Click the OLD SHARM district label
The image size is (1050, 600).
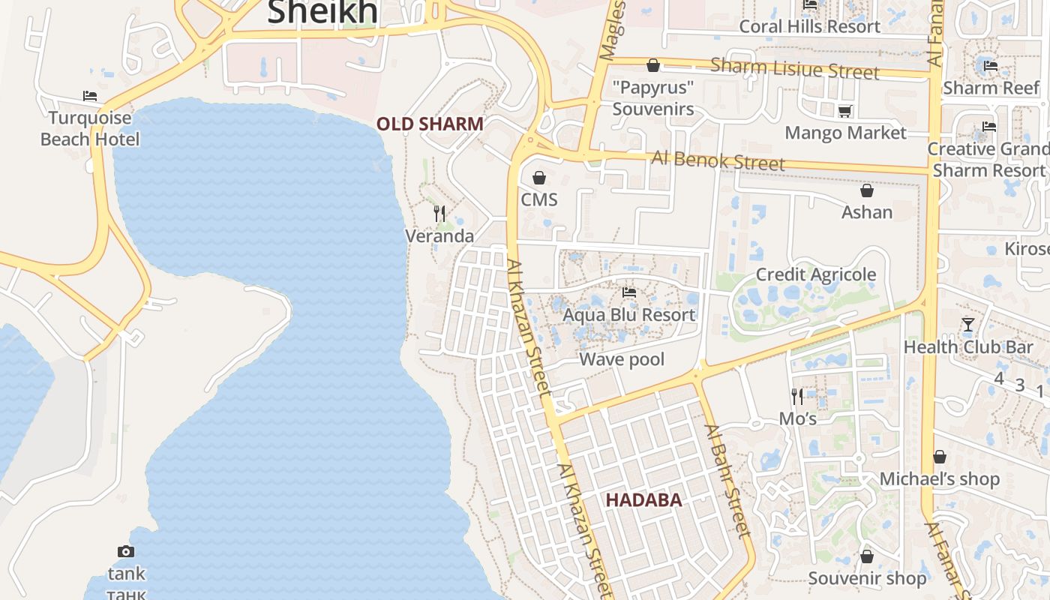click(430, 124)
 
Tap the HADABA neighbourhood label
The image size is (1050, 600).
click(643, 500)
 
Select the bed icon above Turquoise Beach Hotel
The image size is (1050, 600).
click(90, 96)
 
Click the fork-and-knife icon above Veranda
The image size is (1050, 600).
click(439, 214)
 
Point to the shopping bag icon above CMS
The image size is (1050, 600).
click(538, 178)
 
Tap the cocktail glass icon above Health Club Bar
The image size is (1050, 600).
click(968, 325)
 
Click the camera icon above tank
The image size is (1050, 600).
click(126, 552)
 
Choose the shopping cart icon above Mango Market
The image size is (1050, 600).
click(845, 112)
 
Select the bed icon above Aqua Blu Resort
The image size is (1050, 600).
click(629, 292)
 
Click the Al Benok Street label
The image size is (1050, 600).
click(718, 160)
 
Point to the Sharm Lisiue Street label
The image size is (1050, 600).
click(794, 69)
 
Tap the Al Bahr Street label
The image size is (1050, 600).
click(727, 481)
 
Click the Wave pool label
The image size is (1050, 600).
click(622, 359)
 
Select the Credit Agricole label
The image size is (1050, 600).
click(815, 274)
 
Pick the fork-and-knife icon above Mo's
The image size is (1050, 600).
click(797, 395)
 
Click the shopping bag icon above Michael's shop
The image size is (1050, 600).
click(939, 457)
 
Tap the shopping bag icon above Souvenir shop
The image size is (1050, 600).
click(867, 556)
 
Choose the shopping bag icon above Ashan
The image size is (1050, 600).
click(867, 190)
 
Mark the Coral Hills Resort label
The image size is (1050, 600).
click(809, 27)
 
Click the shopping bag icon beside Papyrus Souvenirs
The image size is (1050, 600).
click(653, 65)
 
